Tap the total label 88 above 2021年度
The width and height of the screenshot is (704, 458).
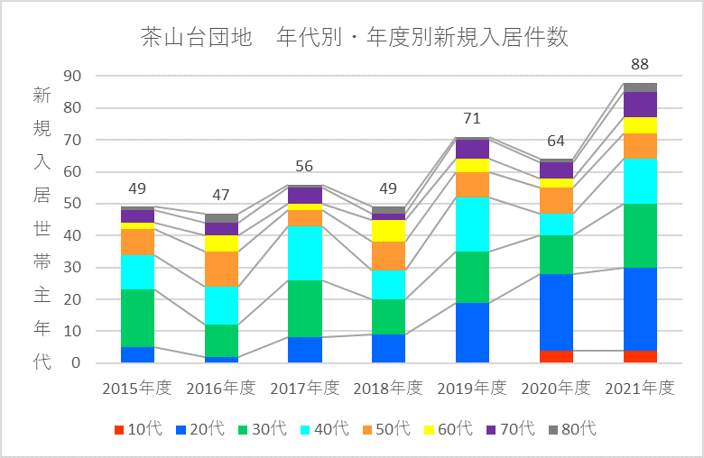[640, 65]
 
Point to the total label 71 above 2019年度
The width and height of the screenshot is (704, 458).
[472, 119]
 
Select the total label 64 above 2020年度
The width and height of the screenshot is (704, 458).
[556, 142]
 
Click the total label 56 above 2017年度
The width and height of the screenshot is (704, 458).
[305, 167]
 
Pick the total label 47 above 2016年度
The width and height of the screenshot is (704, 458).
[221, 196]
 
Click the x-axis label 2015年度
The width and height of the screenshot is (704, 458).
[137, 388]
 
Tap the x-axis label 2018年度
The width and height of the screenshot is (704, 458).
[388, 388]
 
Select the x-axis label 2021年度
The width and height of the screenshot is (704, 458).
[640, 388]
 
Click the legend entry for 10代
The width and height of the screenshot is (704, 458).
[138, 429]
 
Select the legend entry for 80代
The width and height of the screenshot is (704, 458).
[572, 429]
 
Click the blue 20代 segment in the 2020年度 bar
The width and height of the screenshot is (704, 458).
[556, 312]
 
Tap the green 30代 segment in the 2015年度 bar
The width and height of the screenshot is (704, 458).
[137, 318]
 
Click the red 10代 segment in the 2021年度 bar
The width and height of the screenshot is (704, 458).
[640, 356]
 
